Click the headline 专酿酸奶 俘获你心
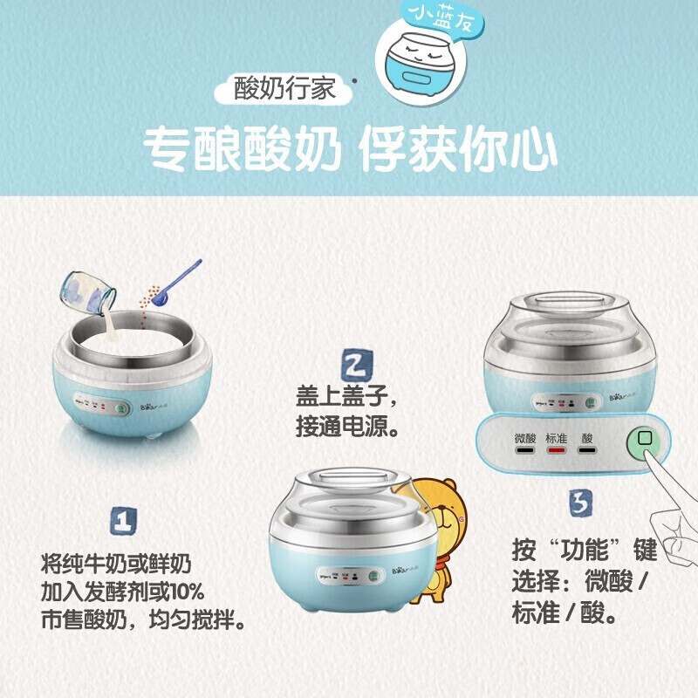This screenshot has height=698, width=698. click(x=349, y=150)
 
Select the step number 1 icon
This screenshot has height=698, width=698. click(x=123, y=521)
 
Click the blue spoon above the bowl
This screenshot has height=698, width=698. click(x=174, y=283)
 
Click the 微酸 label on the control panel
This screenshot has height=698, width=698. click(x=524, y=438)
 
